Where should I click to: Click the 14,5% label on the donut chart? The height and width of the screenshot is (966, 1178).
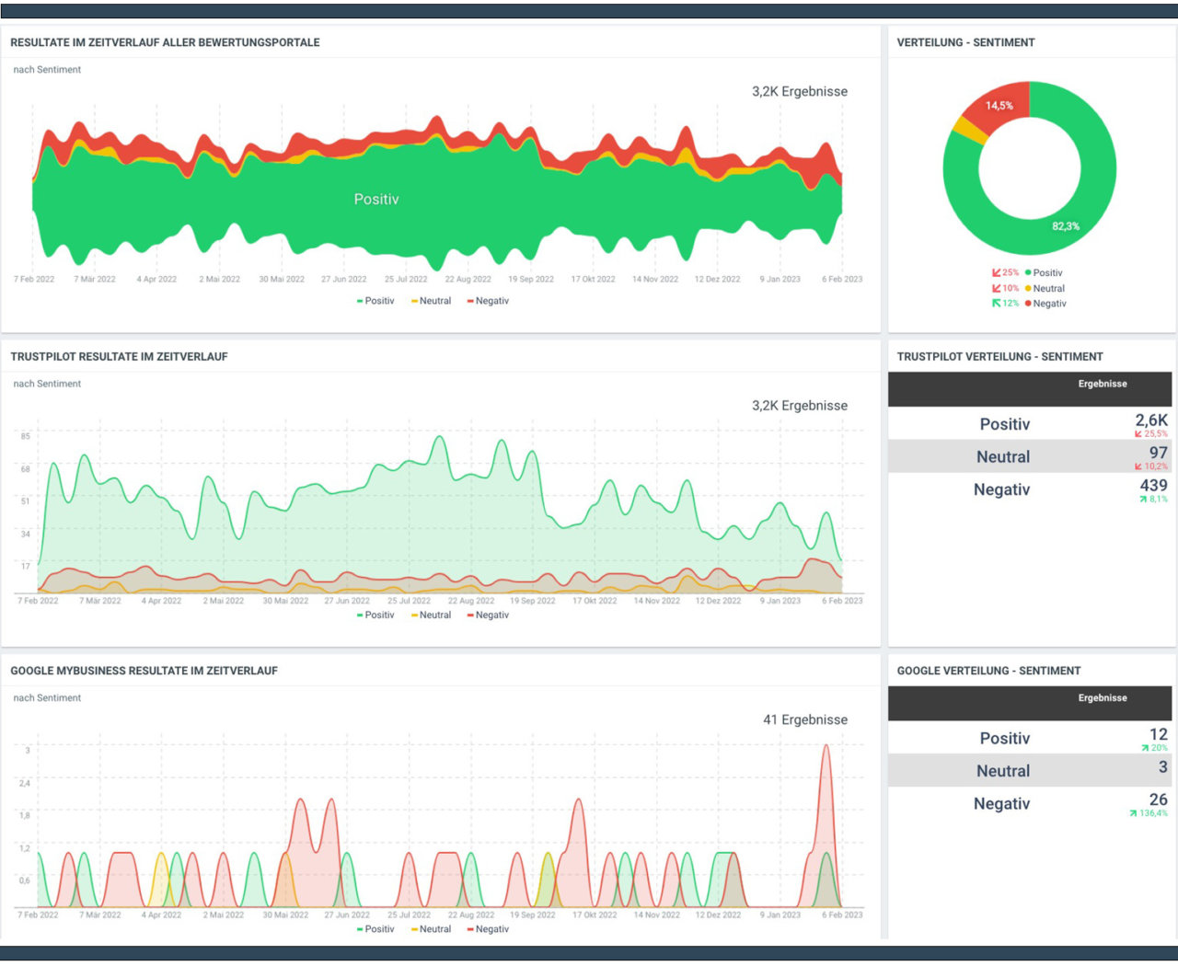(x=999, y=106)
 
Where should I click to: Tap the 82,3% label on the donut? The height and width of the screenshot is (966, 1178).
(x=1066, y=226)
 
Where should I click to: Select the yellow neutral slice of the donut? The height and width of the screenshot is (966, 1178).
(x=969, y=130)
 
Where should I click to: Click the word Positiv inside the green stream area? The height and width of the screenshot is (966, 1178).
(x=376, y=200)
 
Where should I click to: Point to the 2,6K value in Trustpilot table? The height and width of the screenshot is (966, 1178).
(x=1150, y=420)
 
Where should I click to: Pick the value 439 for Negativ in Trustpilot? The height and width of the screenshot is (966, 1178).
(x=1153, y=486)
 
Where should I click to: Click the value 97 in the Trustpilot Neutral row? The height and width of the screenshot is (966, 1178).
(x=1158, y=453)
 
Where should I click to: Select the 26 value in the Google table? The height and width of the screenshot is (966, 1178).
(x=1158, y=799)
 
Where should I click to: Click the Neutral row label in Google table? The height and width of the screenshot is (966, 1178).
(x=1003, y=771)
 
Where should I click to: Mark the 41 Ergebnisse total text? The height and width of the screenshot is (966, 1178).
(x=804, y=719)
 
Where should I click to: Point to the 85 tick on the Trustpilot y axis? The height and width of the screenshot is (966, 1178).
(x=26, y=436)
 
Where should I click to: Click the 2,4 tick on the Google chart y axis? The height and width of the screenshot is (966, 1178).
(x=25, y=783)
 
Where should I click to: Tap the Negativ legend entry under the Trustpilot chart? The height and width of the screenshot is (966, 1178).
(x=491, y=615)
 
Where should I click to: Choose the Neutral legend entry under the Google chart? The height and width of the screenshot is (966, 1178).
(x=434, y=929)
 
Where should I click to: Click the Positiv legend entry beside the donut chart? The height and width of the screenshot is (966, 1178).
(x=1046, y=273)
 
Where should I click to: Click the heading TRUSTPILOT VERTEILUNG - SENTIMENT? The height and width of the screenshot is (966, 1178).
(x=999, y=357)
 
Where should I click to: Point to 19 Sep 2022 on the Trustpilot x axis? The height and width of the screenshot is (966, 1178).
(x=532, y=601)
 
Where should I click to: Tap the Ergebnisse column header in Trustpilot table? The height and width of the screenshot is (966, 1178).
(x=1102, y=384)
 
